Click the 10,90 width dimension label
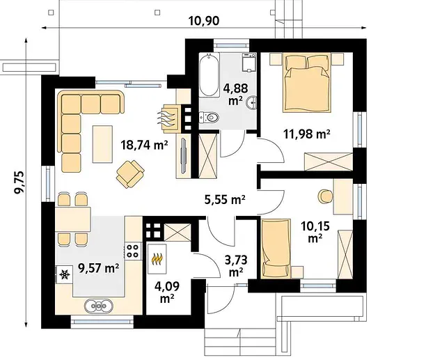coord(203,21)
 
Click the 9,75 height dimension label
coord(20,182)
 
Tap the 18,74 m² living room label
coord(144,145)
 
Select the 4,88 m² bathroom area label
coord(236,94)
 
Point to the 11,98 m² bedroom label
coord(307,134)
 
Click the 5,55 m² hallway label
coord(224,200)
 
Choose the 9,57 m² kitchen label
coord(98,268)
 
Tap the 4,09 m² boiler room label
coord(167,292)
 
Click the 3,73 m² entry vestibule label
coord(236,265)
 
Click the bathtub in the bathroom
coord(209,75)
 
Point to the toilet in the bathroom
coord(209,117)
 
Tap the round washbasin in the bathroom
coord(252,102)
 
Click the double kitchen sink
coord(99,305)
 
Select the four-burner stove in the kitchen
coord(132,251)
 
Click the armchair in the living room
coord(130,174)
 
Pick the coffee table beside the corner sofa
coord(102,144)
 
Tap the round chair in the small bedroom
coord(326,196)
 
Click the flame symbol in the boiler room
coord(157,259)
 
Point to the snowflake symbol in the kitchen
coord(65,274)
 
